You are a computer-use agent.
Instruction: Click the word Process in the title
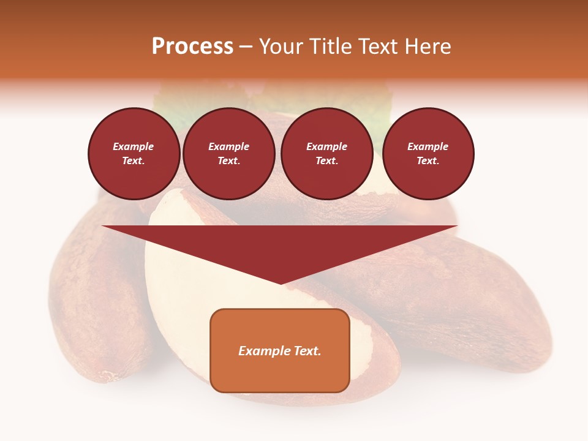pos(192,47)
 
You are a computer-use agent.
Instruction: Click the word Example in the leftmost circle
pos(134,146)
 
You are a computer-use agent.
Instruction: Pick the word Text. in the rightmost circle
pos(428,160)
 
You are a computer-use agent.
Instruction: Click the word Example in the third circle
pos(327,146)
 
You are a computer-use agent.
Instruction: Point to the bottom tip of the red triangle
pos(281,283)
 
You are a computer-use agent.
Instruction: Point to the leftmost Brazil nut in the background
pos(92,294)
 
